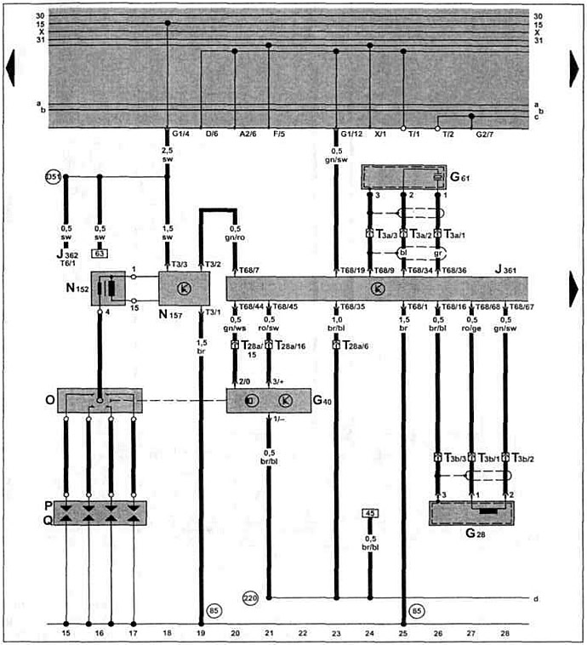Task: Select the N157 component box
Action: point(183,289)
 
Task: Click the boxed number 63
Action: point(100,253)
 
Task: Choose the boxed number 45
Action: point(369,513)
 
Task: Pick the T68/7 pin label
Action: point(248,270)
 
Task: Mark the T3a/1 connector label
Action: point(452,233)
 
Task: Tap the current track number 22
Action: point(302,633)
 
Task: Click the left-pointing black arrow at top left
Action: point(11,68)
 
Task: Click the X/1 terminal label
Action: point(380,134)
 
